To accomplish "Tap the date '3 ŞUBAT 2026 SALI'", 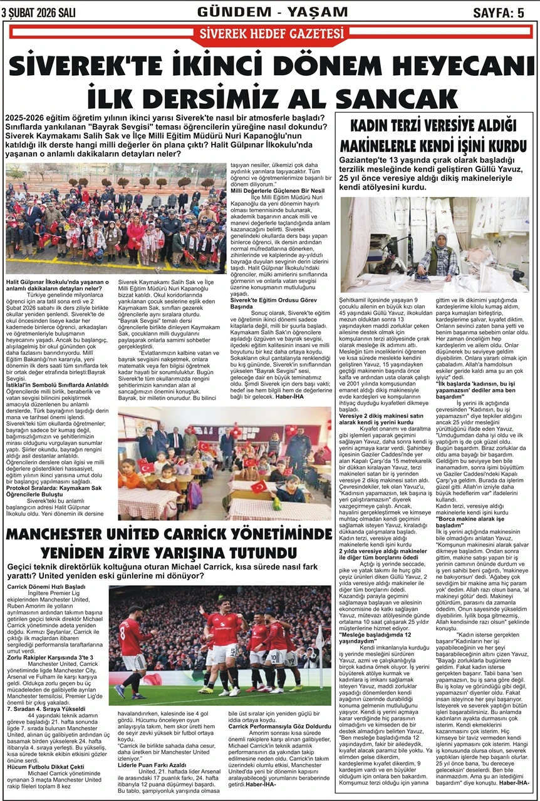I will [x=39, y=12].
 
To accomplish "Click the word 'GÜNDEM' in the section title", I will [x=229, y=12].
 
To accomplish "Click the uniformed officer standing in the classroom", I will [x=297, y=446].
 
